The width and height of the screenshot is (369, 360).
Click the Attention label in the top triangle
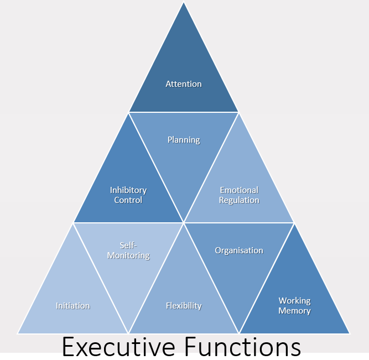pyautogui.click(x=184, y=84)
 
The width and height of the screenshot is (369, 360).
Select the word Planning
pyautogui.click(x=184, y=140)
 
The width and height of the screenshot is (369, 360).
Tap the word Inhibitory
pyautogui.click(x=128, y=190)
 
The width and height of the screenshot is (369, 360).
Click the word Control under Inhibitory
pyautogui.click(x=128, y=200)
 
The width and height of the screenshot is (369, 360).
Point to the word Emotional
pyautogui.click(x=239, y=190)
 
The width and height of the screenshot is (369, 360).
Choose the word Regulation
pyautogui.click(x=239, y=200)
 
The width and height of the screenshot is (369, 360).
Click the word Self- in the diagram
pyautogui.click(x=128, y=245)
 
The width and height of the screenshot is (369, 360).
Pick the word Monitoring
pyautogui.click(x=128, y=255)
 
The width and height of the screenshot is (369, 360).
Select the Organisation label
pyautogui.click(x=239, y=251)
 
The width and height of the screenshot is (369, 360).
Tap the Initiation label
pyautogui.click(x=73, y=306)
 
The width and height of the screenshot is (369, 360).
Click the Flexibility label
pyautogui.click(x=184, y=306)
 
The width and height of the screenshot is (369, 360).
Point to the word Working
pyautogui.click(x=294, y=301)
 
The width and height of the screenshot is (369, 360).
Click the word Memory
pyautogui.click(x=294, y=311)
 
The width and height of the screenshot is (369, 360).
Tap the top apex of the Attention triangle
pyautogui.click(x=184, y=3)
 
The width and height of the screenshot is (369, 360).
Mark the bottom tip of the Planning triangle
pyautogui.click(x=184, y=222)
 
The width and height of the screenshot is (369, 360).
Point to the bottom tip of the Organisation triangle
pyautogui.click(x=239, y=333)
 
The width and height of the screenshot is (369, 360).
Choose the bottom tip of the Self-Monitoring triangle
pyautogui.click(x=128, y=333)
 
